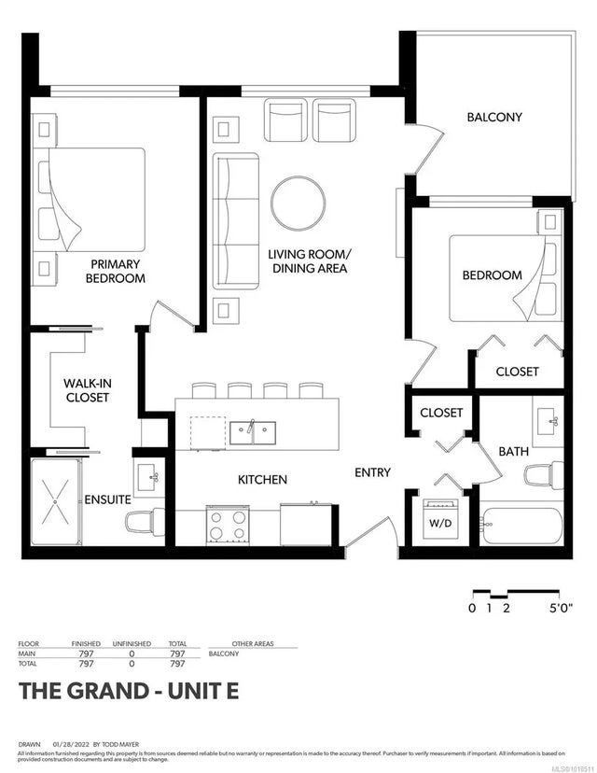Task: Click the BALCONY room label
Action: (x=493, y=118)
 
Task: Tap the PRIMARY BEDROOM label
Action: (x=116, y=271)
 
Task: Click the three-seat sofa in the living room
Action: (x=234, y=221)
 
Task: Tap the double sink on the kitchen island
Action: (x=251, y=432)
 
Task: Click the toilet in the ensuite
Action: (x=147, y=523)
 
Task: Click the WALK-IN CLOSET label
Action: (x=86, y=390)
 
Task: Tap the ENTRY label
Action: (x=372, y=472)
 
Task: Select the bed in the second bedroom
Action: (x=504, y=277)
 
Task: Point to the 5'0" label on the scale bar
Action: (x=560, y=609)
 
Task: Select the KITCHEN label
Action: (x=262, y=479)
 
